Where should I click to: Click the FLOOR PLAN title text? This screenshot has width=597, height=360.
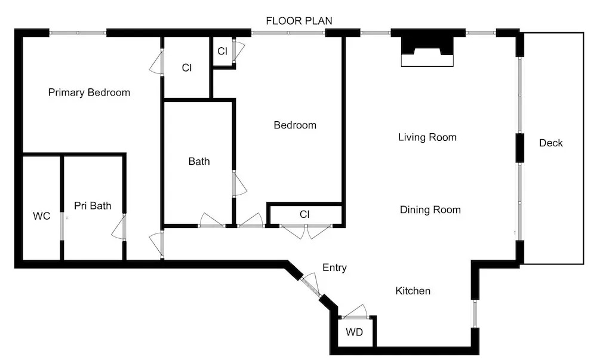299,20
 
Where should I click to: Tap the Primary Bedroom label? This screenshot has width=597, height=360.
89,93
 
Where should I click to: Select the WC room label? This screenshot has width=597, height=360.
42,216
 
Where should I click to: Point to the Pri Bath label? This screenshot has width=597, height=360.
93,206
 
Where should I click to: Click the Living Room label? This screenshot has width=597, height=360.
427,137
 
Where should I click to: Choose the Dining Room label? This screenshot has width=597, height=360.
430,210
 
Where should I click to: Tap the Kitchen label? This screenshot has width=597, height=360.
413,291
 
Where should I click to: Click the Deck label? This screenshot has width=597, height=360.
550,143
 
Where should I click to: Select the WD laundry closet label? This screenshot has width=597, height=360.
354,332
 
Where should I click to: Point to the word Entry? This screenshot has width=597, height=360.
334,267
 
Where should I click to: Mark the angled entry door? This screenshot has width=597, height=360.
311,285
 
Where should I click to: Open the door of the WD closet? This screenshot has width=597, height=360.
355,311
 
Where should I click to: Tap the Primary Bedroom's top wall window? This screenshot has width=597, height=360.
78,33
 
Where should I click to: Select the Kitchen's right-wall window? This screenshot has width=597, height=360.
475,314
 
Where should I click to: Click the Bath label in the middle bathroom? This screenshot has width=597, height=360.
199,161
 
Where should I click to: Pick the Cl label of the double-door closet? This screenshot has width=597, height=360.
304,215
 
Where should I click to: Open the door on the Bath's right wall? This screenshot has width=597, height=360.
239,184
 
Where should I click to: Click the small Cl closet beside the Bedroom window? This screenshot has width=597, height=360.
222,51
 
